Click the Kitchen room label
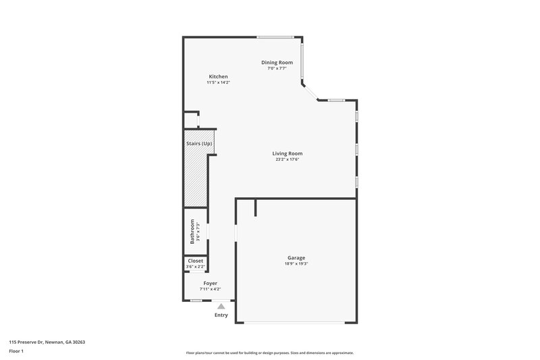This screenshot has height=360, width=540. coord(218,76)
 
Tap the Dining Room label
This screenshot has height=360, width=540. coord(277,62)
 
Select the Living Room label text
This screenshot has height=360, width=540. coord(287,153)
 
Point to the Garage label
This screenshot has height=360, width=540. coord(296,257)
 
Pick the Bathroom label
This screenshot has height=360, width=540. coord(192,232)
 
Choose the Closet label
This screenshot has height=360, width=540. coord(195,260)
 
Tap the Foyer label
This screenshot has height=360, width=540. coord(210,283)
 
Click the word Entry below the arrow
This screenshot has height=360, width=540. coord(221,315)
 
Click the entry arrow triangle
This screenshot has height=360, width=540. coord(221,306)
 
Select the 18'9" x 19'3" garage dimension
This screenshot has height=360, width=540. coord(296,264)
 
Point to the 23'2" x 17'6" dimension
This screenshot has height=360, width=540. coord(287,159)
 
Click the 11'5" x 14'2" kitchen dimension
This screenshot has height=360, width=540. coord(218,82)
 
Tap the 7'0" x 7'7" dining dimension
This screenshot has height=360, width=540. coord(277,68)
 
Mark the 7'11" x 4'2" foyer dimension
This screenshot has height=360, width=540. coord(210,289)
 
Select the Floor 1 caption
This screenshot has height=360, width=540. coord(17,351)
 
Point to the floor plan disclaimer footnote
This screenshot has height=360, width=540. coord(270,353)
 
